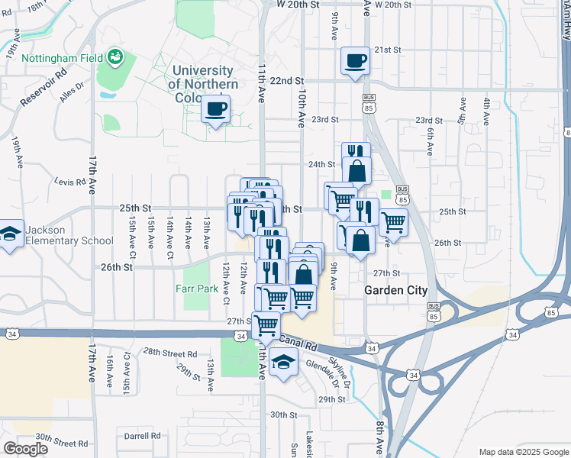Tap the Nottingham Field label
(63, 58)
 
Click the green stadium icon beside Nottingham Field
(115, 56)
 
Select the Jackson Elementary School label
(69, 235)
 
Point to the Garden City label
(395, 290)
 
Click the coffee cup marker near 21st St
(355, 60)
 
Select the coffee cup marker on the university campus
(216, 109)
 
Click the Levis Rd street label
(68, 182)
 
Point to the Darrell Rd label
(143, 436)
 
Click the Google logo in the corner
(25, 449)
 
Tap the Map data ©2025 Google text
(523, 451)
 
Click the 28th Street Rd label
(169, 353)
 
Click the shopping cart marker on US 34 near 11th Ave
(266, 324)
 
